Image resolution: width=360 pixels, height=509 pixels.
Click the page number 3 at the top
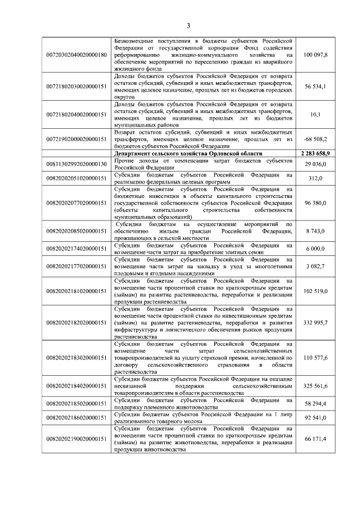(x=189, y=25)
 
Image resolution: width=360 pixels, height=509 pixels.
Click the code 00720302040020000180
(x=76, y=55)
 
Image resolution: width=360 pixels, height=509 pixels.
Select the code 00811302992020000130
(x=76, y=164)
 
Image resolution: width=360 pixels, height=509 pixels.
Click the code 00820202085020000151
(x=76, y=231)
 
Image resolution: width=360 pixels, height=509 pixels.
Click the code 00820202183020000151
(x=76, y=357)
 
